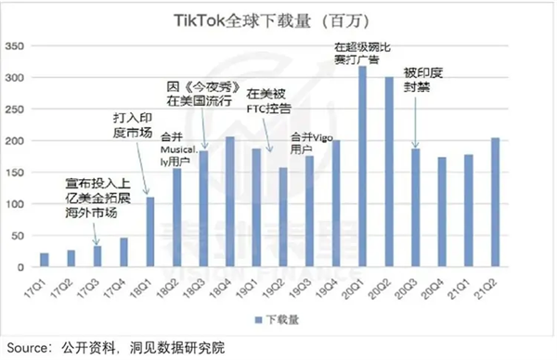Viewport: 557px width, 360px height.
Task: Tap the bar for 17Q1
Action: pyautogui.click(x=44, y=260)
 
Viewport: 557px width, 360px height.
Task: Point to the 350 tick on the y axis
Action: pyautogui.click(x=17, y=45)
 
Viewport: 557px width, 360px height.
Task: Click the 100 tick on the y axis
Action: pyautogui.click(x=17, y=203)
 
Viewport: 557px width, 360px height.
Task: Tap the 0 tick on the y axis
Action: pyautogui.click(x=23, y=267)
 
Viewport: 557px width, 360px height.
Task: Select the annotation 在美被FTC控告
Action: pyautogui.click(x=268, y=100)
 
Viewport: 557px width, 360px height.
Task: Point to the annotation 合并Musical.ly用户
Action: pyautogui.click(x=176, y=148)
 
